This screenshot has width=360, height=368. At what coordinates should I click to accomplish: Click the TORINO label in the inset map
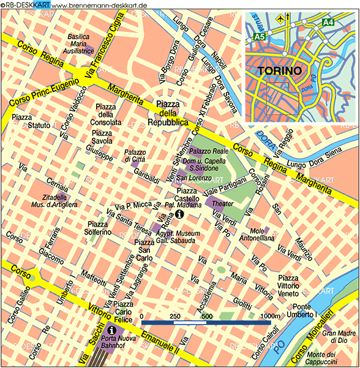(280, 70)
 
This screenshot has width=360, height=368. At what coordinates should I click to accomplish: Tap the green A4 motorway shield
(329, 23)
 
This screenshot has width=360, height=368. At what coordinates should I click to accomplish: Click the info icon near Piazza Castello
(179, 214)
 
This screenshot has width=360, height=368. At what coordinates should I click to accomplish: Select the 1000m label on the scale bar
(269, 317)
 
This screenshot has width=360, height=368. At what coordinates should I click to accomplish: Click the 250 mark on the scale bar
(174, 317)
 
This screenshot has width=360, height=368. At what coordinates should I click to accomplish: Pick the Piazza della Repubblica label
(167, 113)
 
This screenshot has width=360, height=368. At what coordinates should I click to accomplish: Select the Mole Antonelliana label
(266, 235)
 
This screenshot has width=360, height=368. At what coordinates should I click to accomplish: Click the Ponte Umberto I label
(304, 310)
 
